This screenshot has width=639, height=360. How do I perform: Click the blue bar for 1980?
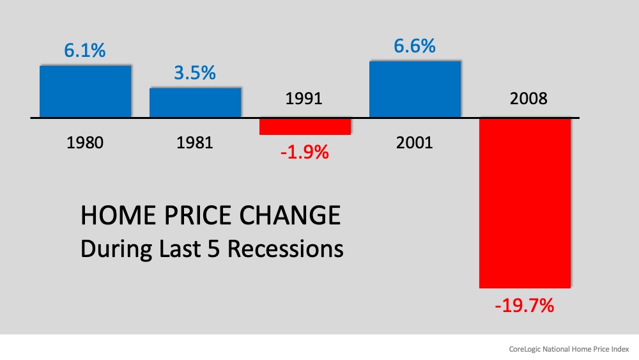[85, 91]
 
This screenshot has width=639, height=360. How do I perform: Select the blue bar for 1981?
[195, 102]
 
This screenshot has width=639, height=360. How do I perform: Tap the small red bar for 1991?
[305, 126]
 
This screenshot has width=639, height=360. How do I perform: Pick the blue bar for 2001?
[415, 89]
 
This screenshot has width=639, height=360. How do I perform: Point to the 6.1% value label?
[85, 51]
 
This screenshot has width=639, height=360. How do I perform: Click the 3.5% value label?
[195, 73]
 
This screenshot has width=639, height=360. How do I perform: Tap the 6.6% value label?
[415, 46]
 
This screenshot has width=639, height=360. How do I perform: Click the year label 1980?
[85, 142]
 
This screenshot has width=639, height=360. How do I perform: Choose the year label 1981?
[195, 142]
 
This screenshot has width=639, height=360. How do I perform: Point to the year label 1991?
[305, 99]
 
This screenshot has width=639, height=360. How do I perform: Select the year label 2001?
[415, 142]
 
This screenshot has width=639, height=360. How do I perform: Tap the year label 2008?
[525, 99]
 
